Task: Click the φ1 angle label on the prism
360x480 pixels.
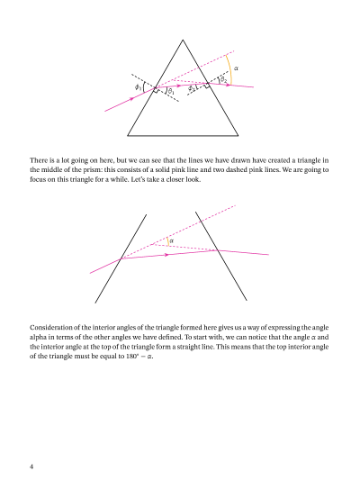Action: click(138, 86)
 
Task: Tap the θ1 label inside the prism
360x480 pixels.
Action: click(171, 93)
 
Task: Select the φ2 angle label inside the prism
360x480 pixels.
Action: click(192, 89)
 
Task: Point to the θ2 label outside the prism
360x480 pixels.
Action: click(224, 79)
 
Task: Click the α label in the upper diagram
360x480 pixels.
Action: click(237, 68)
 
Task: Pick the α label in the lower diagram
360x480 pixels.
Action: click(171, 240)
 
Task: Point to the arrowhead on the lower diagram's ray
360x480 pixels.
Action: click(166, 255)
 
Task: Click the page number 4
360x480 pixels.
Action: click(31, 466)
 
